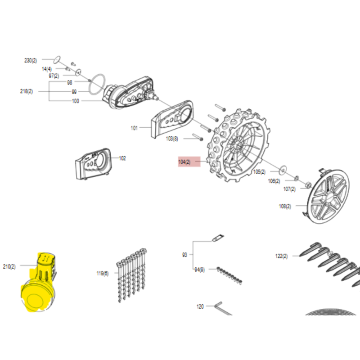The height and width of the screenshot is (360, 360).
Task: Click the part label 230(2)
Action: pyautogui.click(x=31, y=60)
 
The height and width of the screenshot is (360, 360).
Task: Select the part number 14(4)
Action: pyautogui.click(x=47, y=69)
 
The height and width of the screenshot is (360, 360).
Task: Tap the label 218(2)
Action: pyautogui.click(x=27, y=91)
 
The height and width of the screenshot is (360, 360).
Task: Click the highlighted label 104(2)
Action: pyautogui.click(x=184, y=161)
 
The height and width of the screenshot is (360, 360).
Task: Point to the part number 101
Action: pyautogui.click(x=134, y=128)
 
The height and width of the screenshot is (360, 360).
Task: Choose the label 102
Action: pyautogui.click(x=122, y=158)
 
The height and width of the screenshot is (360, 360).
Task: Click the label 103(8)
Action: pyautogui.click(x=172, y=139)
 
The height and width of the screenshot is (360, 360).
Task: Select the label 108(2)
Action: pyautogui.click(x=285, y=207)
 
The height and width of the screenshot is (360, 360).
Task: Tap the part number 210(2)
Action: pyautogui.click(x=9, y=267)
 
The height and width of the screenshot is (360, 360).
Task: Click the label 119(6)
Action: pyautogui.click(x=103, y=273)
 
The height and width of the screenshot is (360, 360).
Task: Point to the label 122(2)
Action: pyautogui.click(x=282, y=256)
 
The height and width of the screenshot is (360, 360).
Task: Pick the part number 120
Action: pyautogui.click(x=200, y=306)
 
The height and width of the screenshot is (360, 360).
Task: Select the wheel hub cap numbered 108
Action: pyautogui.click(x=327, y=195)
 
